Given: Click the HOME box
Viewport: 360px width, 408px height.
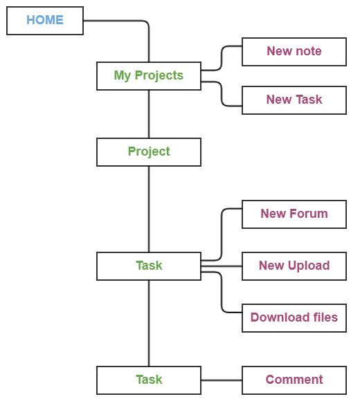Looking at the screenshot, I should (x=45, y=21).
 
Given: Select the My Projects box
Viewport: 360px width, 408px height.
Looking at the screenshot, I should (x=149, y=76).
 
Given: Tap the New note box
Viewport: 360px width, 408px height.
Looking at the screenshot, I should (x=294, y=52).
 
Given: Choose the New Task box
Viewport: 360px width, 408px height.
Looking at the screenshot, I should (x=294, y=100).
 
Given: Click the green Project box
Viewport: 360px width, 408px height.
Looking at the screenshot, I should (x=149, y=152).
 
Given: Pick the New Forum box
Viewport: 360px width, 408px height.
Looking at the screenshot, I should (x=294, y=214).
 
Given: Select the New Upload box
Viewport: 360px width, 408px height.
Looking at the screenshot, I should (x=294, y=266).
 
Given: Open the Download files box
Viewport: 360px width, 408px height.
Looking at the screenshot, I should (x=294, y=318).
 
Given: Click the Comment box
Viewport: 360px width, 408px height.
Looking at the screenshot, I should (x=294, y=380).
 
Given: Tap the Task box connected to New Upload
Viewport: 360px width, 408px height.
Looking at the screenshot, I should (x=149, y=266).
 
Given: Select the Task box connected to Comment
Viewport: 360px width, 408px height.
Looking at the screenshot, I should (x=149, y=380).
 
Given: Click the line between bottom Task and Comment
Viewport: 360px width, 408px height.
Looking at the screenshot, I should (x=222, y=380).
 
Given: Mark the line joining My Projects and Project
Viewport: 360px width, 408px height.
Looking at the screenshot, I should (x=149, y=114).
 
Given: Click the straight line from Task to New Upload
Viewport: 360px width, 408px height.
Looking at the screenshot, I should (x=222, y=266).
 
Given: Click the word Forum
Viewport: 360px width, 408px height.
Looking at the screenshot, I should (x=310, y=214).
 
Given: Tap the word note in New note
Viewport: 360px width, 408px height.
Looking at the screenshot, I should (x=309, y=51).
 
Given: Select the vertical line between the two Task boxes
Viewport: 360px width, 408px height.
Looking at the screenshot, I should (x=149, y=323).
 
